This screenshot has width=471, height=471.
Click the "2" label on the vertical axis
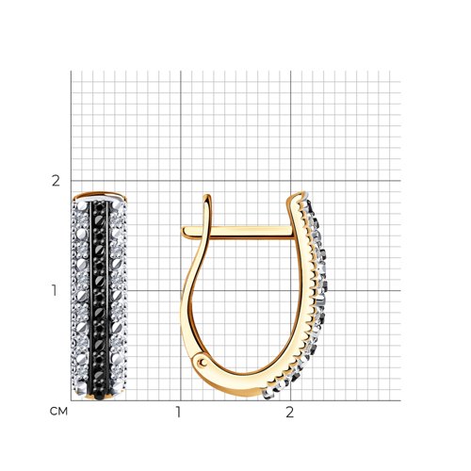[56, 181]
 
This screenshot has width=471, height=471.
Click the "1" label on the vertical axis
[55, 290]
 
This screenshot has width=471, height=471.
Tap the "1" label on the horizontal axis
[178, 412]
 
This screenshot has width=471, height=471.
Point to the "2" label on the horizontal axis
[289, 412]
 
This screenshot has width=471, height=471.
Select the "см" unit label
[58, 412]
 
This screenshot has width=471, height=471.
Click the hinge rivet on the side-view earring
[203, 363]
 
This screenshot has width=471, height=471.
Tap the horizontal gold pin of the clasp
[238, 232]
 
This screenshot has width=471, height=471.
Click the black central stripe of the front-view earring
[99, 300]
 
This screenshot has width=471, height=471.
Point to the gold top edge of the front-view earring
[100, 195]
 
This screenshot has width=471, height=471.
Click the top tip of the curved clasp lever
[206, 196]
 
